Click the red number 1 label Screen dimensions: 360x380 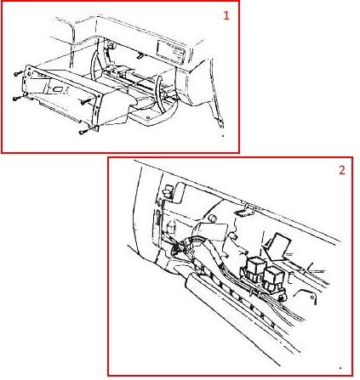coord(226,15)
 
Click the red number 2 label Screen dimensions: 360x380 coord(342,170)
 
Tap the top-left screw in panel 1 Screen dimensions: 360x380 coord(18,73)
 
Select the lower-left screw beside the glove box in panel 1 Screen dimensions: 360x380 coord(18,98)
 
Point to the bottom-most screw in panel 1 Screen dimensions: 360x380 coord(83,131)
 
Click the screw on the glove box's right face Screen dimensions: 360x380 coord(85,101)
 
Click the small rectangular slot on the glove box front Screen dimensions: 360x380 coord(59,89)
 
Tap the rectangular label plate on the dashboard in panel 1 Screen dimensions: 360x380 coord(171,52)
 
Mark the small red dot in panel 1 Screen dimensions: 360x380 coord(223,136)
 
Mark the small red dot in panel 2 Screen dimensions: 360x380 coord(340,368)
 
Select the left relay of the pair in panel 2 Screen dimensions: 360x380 coord(256,269)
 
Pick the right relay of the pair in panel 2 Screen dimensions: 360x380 coord(273,279)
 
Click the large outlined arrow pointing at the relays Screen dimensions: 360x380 coord(277,247)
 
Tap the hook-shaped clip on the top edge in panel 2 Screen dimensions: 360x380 coord(245,210)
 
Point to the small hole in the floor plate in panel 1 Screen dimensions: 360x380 coord(148,117)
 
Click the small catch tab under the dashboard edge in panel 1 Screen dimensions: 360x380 coord(140,55)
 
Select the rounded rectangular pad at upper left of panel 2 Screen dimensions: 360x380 coord(180,192)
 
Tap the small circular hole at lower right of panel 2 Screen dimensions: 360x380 coord(312,298)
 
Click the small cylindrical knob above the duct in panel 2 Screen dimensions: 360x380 coord(212,218)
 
